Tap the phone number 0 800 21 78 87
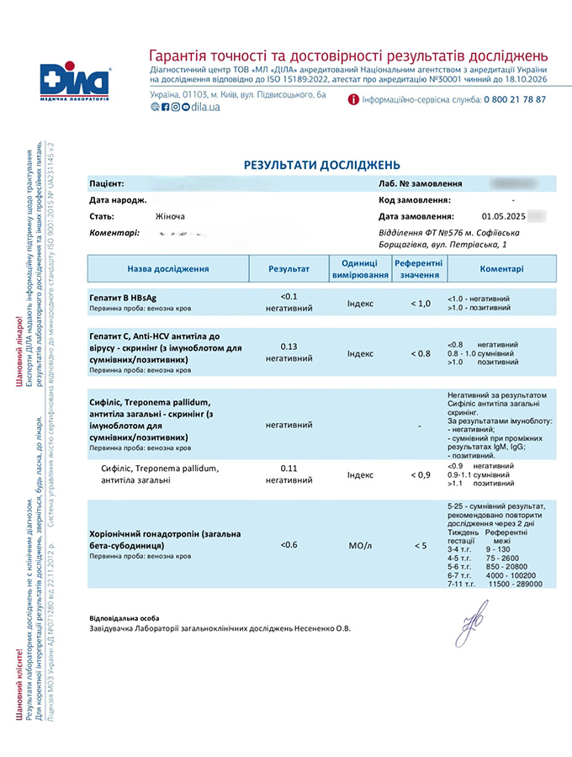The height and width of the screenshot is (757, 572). pyautogui.click(x=514, y=99)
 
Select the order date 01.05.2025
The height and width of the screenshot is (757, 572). pyautogui.click(x=502, y=216)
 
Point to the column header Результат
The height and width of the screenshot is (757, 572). pyautogui.click(x=289, y=269)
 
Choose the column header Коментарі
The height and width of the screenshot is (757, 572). pyautogui.click(x=501, y=269)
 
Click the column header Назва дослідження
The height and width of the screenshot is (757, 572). pyautogui.click(x=168, y=269)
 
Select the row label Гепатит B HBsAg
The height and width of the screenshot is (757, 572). pyautogui.click(x=122, y=298)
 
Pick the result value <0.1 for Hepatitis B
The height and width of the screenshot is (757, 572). pyautogui.click(x=289, y=297)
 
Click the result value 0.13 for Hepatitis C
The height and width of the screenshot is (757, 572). pyautogui.click(x=289, y=347)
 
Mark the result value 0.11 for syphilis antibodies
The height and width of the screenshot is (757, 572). pyautogui.click(x=289, y=468)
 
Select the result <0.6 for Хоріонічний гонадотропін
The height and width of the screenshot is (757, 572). pyautogui.click(x=289, y=545)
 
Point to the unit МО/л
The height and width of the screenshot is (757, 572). pyautogui.click(x=360, y=545)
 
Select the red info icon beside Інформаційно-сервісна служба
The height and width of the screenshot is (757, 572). pyautogui.click(x=353, y=99)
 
